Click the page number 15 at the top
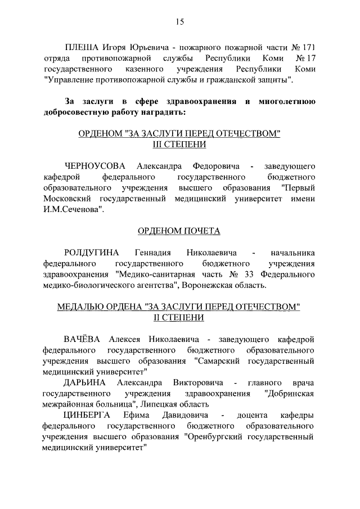pos(179,22)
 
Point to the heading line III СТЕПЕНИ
pos(179,145)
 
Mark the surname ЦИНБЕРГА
pos(88,415)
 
